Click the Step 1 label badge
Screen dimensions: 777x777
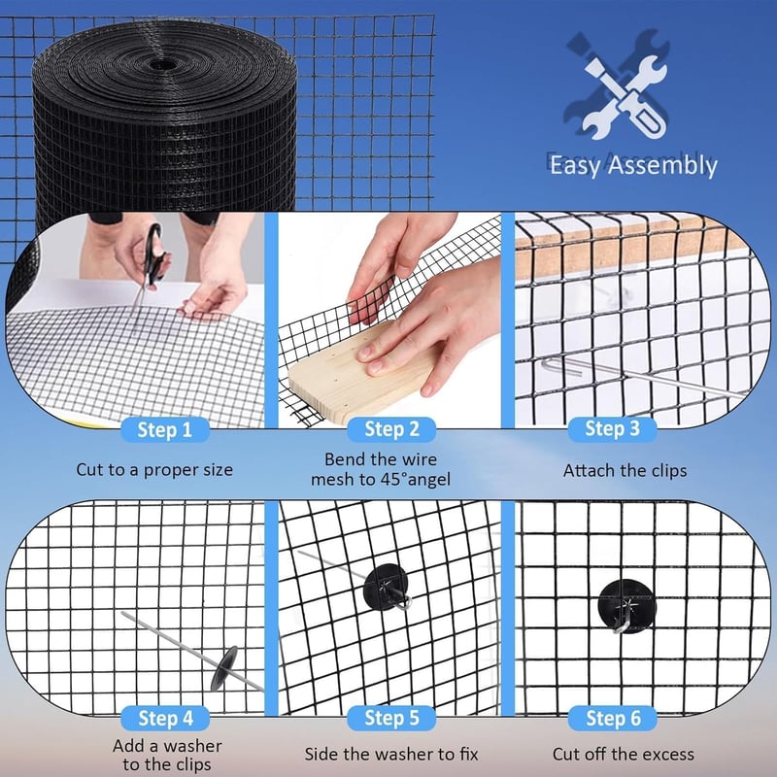[x=165, y=429]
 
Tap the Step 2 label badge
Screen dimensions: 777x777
[x=391, y=429]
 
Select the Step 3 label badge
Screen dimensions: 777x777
[x=613, y=429]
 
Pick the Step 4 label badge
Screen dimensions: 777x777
[x=165, y=718]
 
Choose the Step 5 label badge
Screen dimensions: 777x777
[x=391, y=718]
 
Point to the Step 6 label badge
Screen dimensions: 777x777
[x=613, y=718]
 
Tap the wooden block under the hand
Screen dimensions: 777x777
[x=361, y=369]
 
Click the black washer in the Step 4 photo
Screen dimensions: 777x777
[x=224, y=668]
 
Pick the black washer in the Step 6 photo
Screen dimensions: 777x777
[x=626, y=605]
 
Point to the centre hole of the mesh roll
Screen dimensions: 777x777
[x=159, y=64]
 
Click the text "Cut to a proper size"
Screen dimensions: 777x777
[x=154, y=470]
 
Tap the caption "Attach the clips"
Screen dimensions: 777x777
[x=625, y=470]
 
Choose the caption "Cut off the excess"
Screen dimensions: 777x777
[x=624, y=755]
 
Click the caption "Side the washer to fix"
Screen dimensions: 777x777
[x=391, y=755]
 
